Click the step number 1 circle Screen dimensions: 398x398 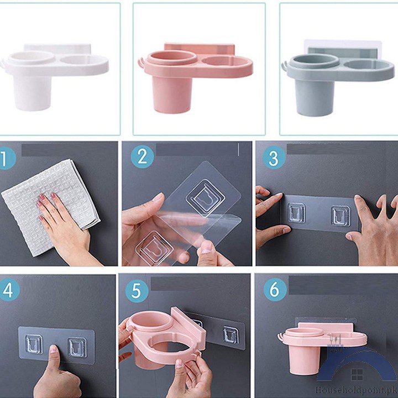click(x=7, y=160)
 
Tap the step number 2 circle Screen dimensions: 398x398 click(x=143, y=158)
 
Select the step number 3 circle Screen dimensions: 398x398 click(x=273, y=158)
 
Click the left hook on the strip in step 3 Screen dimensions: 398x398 click(x=296, y=213)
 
